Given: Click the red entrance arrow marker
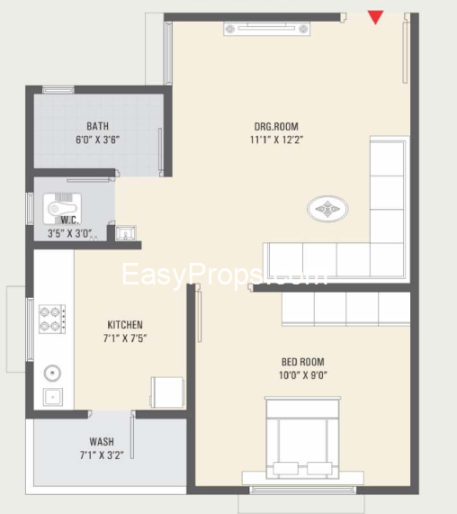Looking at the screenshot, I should click(x=376, y=17).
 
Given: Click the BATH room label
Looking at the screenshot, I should click(x=98, y=126).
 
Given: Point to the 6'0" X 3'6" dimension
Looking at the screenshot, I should click(x=98, y=140).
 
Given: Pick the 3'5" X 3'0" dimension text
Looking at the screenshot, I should click(x=70, y=233).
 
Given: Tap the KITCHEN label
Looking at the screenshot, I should click(x=125, y=325).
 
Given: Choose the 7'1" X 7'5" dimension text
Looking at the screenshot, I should click(x=125, y=339).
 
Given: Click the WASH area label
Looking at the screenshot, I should click(x=102, y=442).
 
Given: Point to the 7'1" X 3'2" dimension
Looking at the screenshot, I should click(x=102, y=456).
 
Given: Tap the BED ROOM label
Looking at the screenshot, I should click(x=302, y=363).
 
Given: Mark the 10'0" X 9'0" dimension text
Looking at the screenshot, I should click(x=302, y=377).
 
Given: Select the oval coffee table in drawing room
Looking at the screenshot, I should click(x=327, y=210).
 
